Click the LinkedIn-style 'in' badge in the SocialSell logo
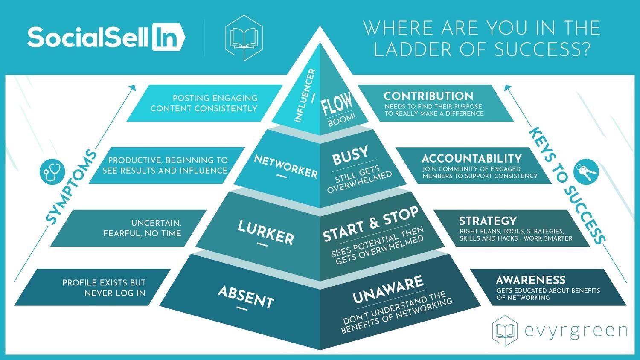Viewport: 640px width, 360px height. point(168,38)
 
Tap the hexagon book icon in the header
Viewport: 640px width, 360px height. point(244,38)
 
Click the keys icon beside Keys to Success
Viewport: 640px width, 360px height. point(587,172)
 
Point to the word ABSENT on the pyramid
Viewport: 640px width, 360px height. point(245,297)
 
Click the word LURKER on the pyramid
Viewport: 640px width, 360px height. point(265,232)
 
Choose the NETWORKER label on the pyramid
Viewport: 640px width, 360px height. point(285,166)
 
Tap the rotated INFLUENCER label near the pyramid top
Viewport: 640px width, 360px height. point(305,96)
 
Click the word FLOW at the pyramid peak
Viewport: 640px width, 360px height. point(337,104)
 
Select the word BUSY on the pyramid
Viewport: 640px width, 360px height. point(350,156)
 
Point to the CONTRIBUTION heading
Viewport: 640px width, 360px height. point(428,96)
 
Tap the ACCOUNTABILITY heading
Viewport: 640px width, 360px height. point(471,159)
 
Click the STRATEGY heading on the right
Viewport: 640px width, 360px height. point(488,221)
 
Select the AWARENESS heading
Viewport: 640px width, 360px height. point(530,280)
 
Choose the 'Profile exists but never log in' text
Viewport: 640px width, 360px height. point(104,288)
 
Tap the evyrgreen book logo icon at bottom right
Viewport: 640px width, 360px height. point(505,330)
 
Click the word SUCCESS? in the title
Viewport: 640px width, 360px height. point(541,50)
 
